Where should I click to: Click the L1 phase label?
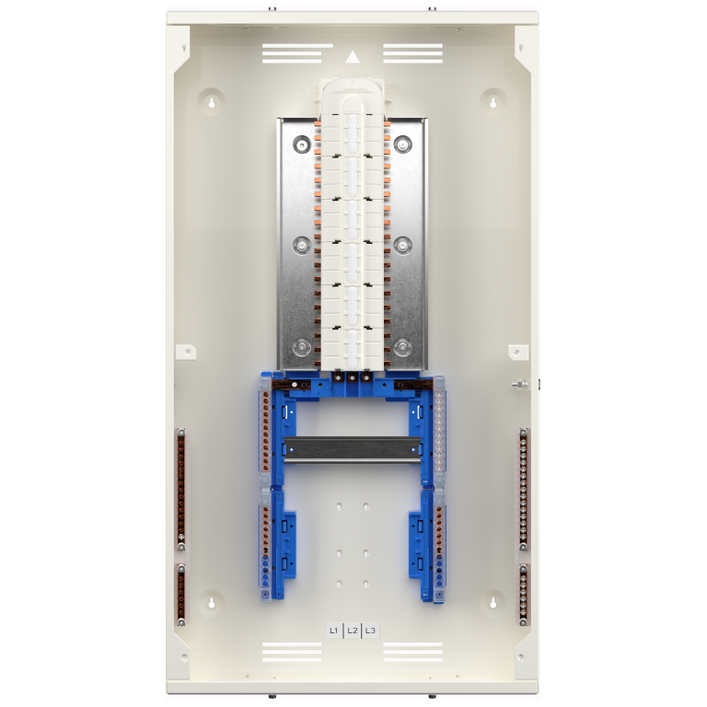[333, 631]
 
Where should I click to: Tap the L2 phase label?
[353, 631]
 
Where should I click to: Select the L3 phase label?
[370, 631]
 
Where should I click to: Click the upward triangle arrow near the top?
[353, 56]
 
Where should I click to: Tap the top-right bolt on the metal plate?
[403, 145]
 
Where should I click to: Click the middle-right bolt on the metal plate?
[403, 245]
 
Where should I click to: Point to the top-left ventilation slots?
[291, 54]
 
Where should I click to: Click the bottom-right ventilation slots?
[413, 652]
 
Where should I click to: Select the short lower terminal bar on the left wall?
[181, 593]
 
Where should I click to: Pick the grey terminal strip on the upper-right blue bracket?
[439, 432]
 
